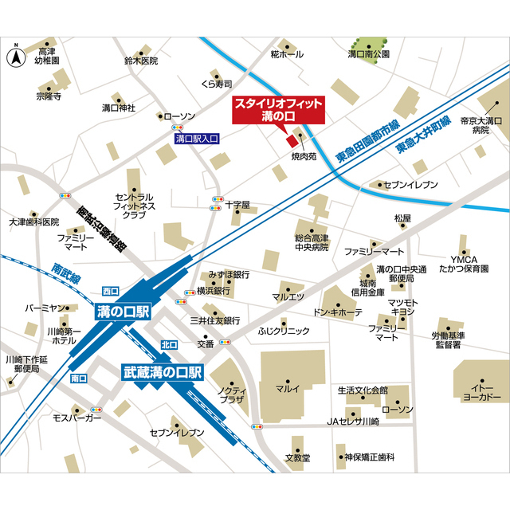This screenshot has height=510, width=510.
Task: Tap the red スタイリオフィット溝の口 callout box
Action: coord(278,111)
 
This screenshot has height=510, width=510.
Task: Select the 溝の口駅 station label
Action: coord(122,312)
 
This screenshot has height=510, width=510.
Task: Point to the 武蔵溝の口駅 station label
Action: coord(163,371)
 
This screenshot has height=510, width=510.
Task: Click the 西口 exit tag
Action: coord(111,291)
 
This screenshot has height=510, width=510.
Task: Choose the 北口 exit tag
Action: coord(169,345)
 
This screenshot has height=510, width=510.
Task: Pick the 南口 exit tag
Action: coord(79,378)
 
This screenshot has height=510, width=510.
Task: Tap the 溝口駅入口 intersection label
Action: coord(197,139)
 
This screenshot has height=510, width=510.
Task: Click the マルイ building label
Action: coord(287,389)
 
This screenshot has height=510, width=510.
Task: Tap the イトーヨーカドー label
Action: coord(481,391)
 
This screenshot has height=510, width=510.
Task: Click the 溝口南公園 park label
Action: coord(368,54)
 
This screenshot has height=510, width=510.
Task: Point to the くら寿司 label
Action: coord(216,84)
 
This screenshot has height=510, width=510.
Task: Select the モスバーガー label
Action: coord(77,418)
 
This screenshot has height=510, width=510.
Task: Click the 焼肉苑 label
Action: coord(304,157)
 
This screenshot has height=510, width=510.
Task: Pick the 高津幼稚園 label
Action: coord(48,56)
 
